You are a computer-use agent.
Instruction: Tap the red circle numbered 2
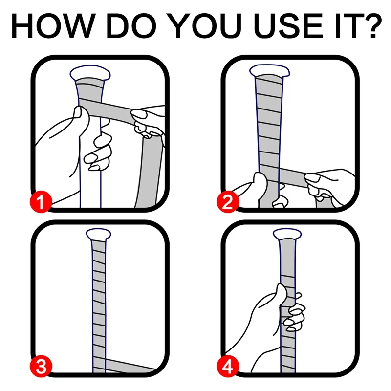[228, 201]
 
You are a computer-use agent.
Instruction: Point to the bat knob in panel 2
[267, 71]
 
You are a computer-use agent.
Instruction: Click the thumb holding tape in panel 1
[78, 115]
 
